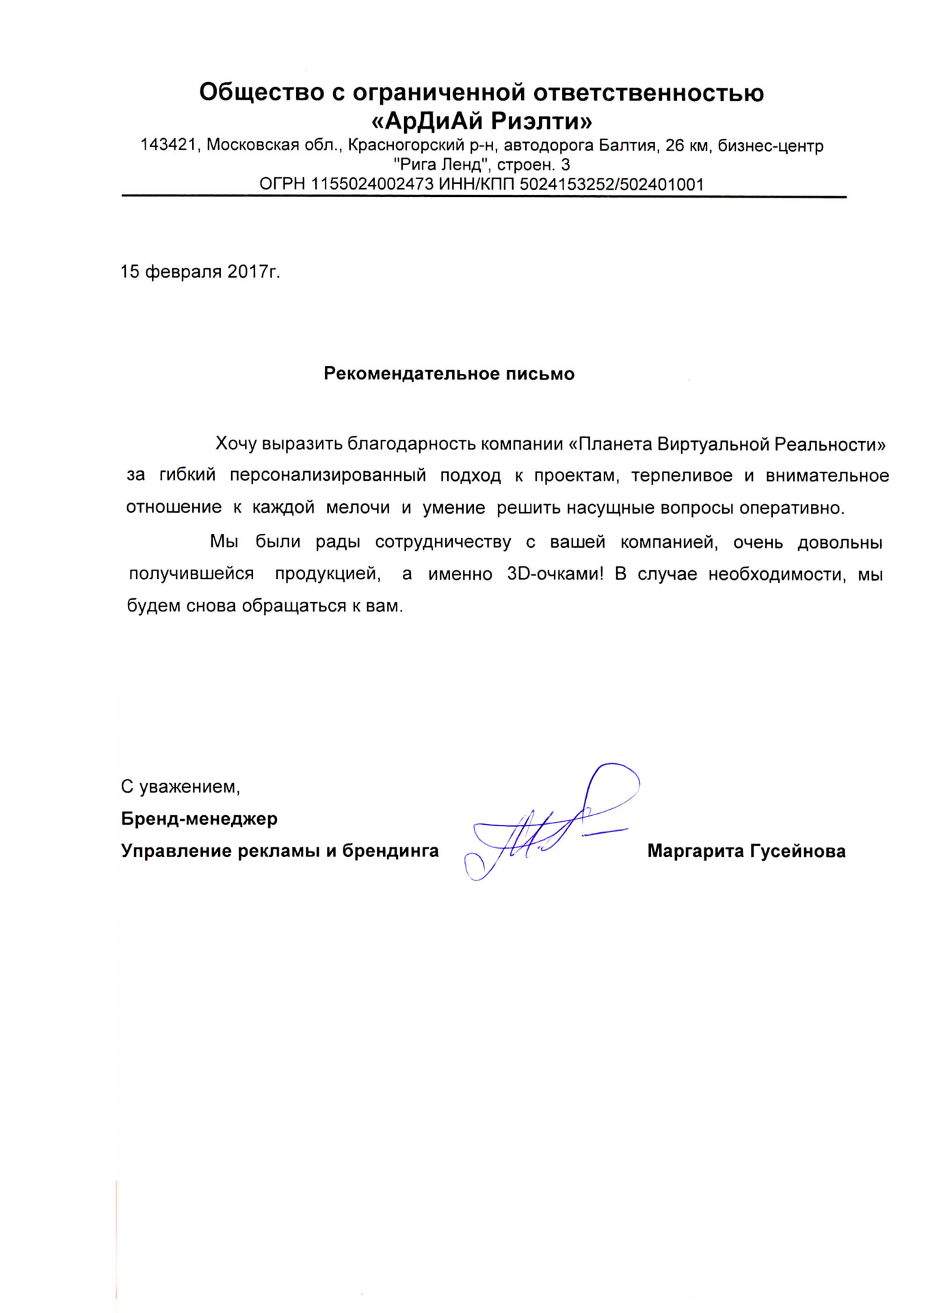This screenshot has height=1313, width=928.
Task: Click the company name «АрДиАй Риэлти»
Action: pyautogui.click(x=481, y=122)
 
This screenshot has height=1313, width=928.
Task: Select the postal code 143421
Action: pyautogui.click(x=168, y=146)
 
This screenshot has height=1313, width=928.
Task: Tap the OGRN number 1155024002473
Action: pyautogui.click(x=372, y=184)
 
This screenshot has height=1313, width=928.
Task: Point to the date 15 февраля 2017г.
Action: pyautogui.click(x=200, y=271)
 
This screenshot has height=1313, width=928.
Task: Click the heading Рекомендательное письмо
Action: pyautogui.click(x=449, y=373)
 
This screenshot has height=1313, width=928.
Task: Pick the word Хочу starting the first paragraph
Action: pyautogui.click(x=236, y=445)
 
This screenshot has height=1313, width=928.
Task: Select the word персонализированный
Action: pyautogui.click(x=328, y=475)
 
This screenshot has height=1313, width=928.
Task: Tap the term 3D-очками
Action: pyautogui.click(x=555, y=574)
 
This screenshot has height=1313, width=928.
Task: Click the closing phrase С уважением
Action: pyautogui.click(x=181, y=786)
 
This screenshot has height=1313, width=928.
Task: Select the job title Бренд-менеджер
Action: pyautogui.click(x=199, y=819)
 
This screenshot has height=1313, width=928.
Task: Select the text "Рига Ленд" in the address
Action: pyautogui.click(x=442, y=165)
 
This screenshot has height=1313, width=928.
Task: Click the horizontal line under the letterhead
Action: pyautogui.click(x=483, y=196)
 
